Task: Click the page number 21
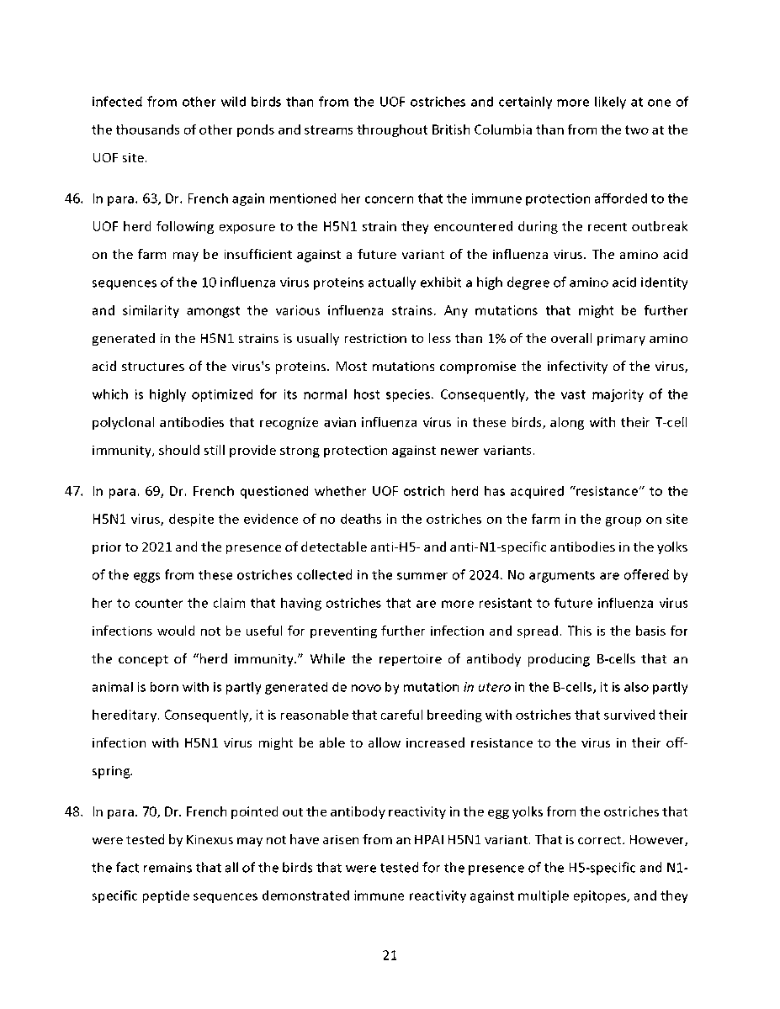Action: coord(390,955)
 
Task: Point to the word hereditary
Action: coord(125,716)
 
